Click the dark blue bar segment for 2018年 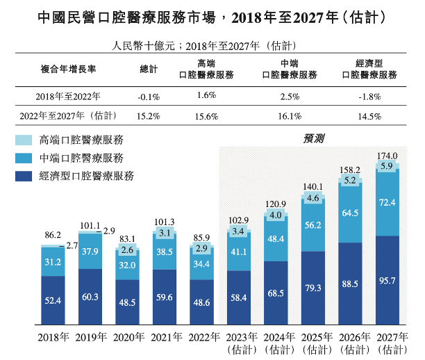click(x=52, y=300)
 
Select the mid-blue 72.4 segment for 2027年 click(x=387, y=203)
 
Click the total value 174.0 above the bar click(x=387, y=156)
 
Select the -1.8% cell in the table click(x=369, y=97)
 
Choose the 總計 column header click(x=149, y=69)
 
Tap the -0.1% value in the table click(x=149, y=97)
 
